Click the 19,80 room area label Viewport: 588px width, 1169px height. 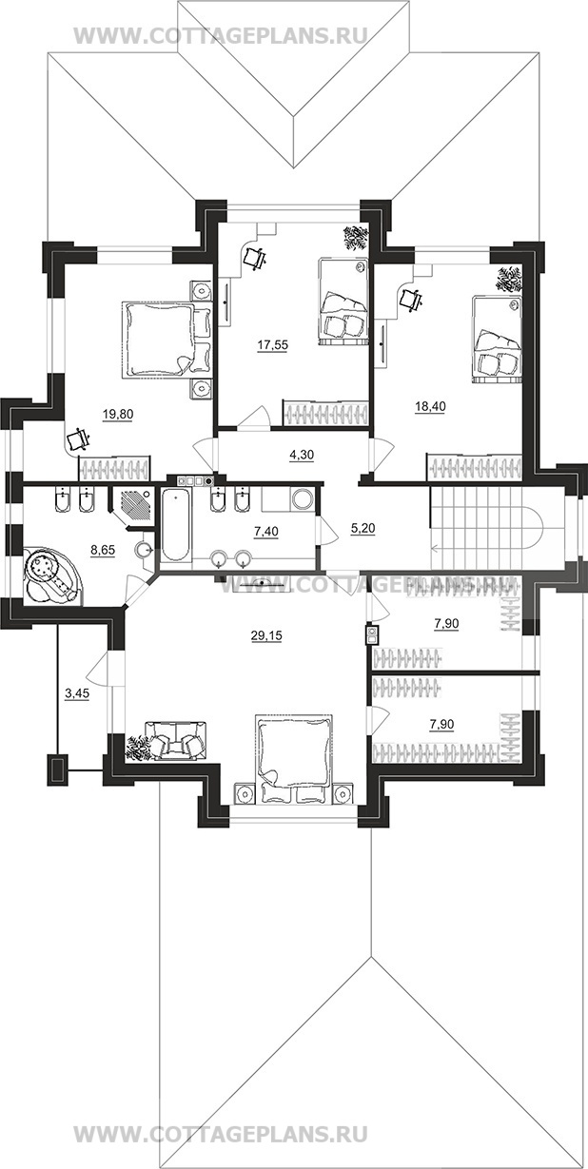click(x=118, y=415)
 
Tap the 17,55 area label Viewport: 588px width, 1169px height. click(x=272, y=345)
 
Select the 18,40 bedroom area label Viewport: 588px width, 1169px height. click(x=430, y=406)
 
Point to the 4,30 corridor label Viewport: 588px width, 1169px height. click(x=302, y=455)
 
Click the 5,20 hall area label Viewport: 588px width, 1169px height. click(x=363, y=529)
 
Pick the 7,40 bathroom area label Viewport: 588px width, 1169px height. click(x=266, y=532)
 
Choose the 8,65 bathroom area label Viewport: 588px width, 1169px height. click(x=103, y=550)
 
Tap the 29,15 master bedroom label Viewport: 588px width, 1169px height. click(x=266, y=635)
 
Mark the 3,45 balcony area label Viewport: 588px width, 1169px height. click(x=76, y=695)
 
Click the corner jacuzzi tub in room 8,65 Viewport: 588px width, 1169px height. click(x=51, y=576)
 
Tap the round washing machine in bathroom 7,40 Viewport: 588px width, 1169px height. click(x=302, y=497)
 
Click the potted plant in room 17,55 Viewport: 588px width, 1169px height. click(x=355, y=237)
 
